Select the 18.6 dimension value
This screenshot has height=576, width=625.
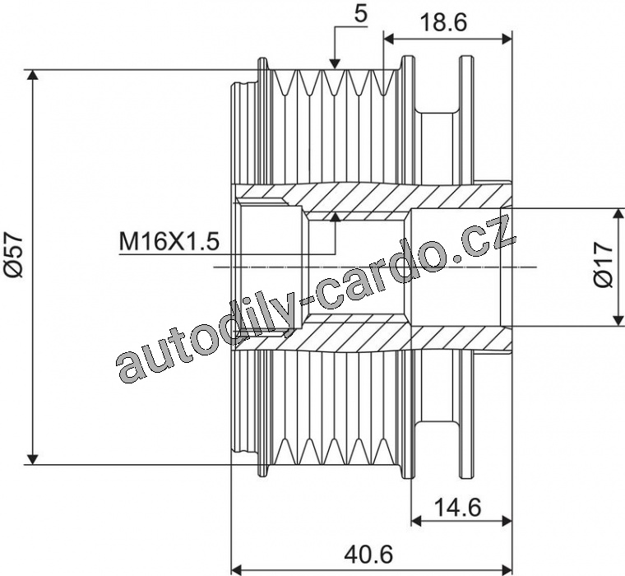[443, 24]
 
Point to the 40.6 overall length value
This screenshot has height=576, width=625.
[368, 554]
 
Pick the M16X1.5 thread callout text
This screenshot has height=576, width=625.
[169, 241]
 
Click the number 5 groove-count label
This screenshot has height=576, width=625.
[361, 14]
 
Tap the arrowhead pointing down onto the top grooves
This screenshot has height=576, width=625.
[335, 63]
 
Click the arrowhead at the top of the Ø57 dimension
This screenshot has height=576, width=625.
[34, 75]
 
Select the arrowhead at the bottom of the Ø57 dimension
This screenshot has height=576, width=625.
[34, 459]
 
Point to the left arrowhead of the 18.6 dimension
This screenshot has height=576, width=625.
[389, 39]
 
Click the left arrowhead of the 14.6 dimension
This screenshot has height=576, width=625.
[416, 521]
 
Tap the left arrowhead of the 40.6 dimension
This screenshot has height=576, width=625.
[237, 568]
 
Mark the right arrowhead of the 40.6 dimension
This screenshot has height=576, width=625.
[507, 568]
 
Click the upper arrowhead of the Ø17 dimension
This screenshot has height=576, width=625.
[618, 213]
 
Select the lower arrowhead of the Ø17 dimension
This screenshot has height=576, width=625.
[618, 321]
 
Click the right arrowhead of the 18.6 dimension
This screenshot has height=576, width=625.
[507, 39]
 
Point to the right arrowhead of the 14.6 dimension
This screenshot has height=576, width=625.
[507, 521]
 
